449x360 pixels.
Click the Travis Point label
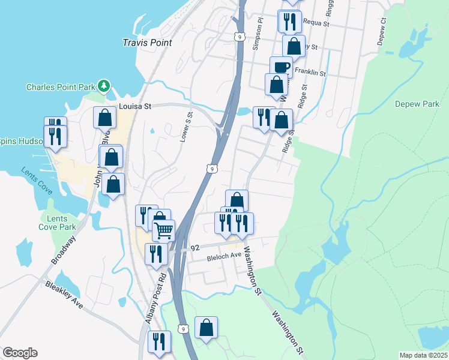point(147,43)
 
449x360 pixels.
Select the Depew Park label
point(417,104)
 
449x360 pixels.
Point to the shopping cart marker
point(163,230)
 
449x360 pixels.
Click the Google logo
point(20,353)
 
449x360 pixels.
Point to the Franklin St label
point(310,73)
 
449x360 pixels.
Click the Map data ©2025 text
point(423,355)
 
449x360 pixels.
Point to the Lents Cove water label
point(35,181)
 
